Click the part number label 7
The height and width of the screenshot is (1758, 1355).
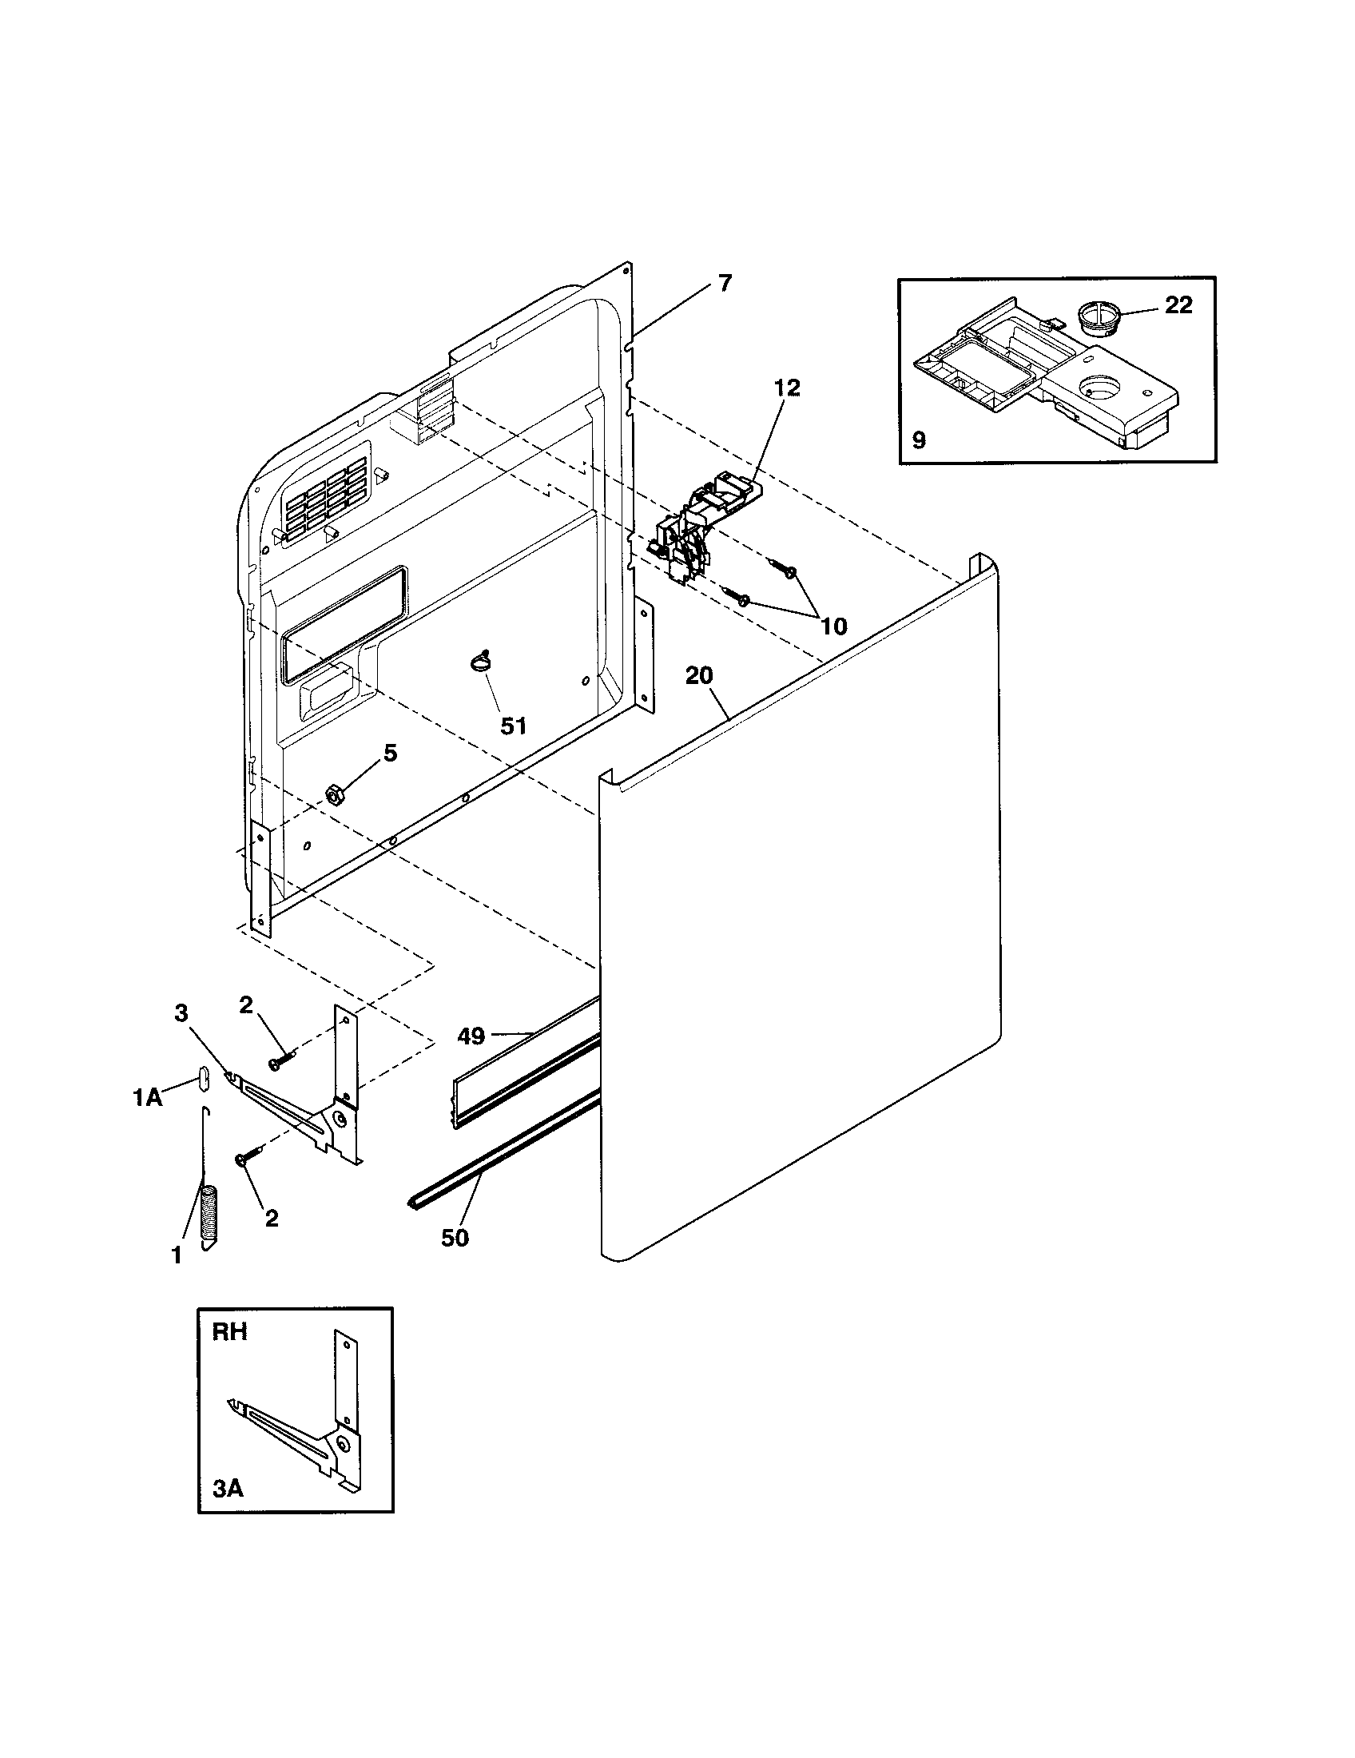(x=725, y=284)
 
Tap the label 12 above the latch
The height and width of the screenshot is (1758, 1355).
(x=787, y=388)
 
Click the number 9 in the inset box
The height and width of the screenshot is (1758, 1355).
(x=920, y=439)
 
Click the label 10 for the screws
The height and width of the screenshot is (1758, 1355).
(x=834, y=626)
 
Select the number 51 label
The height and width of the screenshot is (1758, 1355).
(x=514, y=726)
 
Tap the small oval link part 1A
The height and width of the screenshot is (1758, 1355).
(x=204, y=1078)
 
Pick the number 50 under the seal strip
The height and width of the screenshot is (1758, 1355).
(x=455, y=1237)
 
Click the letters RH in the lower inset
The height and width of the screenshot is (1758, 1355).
(x=229, y=1332)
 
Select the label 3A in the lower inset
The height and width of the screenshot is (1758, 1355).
(x=228, y=1489)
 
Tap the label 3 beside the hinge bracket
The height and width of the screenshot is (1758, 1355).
(x=181, y=1013)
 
